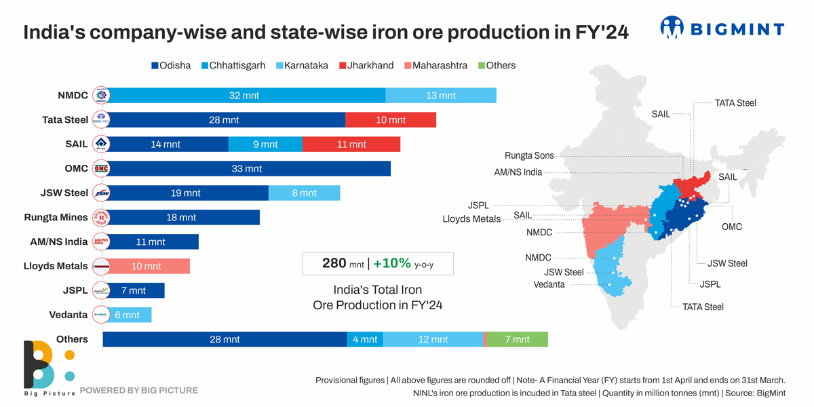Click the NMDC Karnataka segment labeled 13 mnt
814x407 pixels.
[441, 96]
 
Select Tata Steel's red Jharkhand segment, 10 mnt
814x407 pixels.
[391, 120]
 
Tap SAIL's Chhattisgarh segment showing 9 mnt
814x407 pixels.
[265, 144]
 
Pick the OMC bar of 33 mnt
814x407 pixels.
[247, 169]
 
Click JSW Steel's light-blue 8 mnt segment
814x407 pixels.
[304, 193]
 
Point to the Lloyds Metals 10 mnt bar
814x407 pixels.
[147, 267]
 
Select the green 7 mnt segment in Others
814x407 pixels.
[517, 339]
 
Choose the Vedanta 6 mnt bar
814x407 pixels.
[127, 315]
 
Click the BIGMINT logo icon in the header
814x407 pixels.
[672, 28]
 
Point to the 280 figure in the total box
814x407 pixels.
[334, 263]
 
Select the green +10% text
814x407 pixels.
[392, 263]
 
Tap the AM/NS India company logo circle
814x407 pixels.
[100, 241]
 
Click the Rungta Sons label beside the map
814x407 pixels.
[529, 155]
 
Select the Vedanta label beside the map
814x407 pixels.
[549, 284]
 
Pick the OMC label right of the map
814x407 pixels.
[732, 227]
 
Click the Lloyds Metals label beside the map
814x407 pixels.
[471, 219]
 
